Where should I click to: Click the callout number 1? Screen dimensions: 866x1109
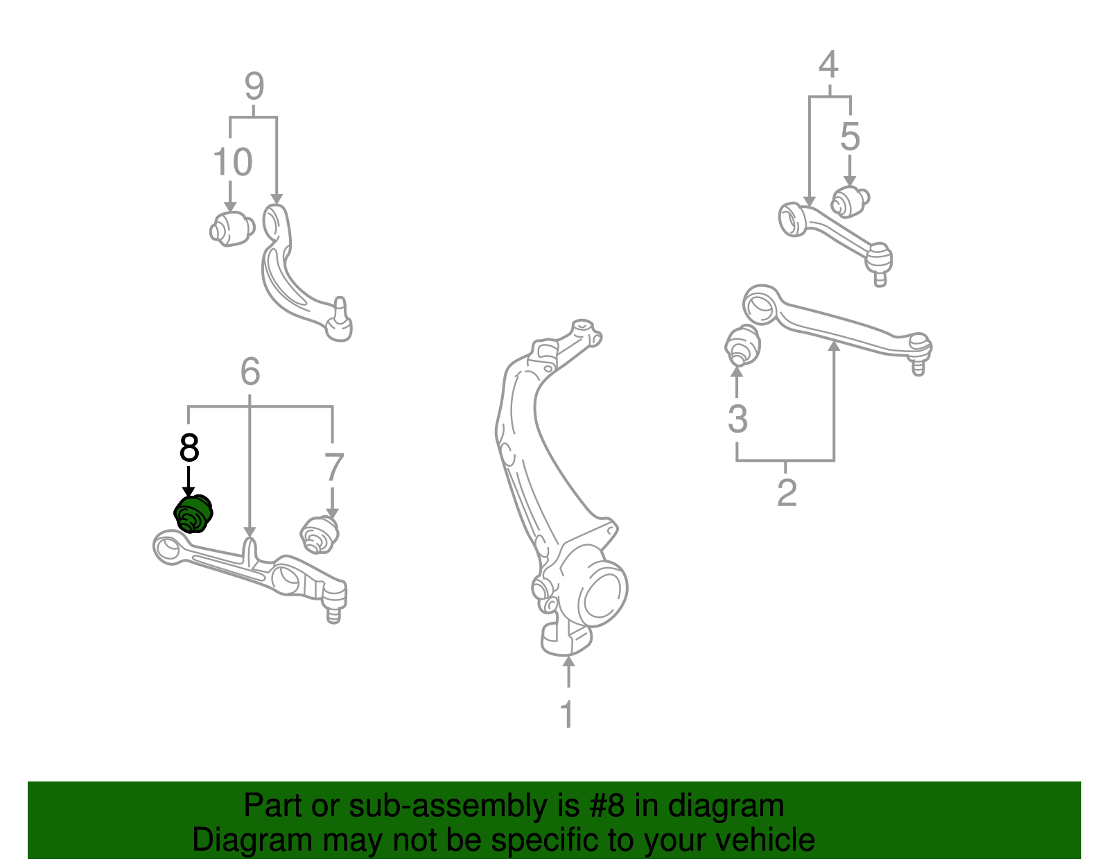tap(567, 714)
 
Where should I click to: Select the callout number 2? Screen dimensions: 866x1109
tap(787, 493)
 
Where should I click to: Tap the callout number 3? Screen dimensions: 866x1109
tap(737, 419)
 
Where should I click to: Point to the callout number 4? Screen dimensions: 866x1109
tap(828, 64)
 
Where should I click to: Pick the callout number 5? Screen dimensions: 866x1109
tap(850, 137)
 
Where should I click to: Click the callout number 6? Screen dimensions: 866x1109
tap(250, 372)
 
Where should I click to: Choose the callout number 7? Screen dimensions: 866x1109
tap(333, 467)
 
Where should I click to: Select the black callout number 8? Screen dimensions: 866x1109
tap(189, 448)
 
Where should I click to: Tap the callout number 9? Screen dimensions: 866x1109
tap(254, 87)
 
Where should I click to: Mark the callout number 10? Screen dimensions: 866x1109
tap(233, 162)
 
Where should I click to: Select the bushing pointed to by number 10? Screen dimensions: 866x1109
tap(232, 229)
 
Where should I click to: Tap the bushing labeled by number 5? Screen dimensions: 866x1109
tap(850, 202)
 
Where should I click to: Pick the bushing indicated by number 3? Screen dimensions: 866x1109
tap(742, 345)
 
